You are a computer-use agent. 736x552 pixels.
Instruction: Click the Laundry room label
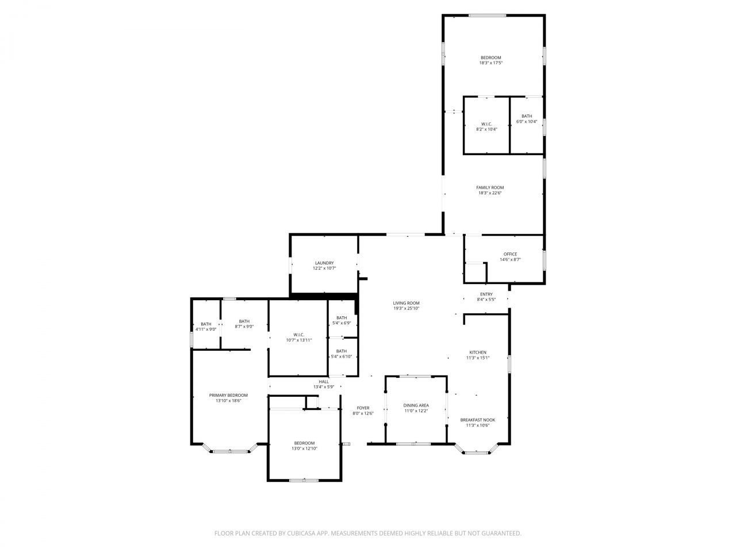tap(324, 263)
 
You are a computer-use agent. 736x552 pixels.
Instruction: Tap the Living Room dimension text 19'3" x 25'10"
tap(407, 309)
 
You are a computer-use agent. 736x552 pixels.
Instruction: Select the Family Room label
tap(490, 187)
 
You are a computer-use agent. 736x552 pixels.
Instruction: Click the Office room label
tap(510, 254)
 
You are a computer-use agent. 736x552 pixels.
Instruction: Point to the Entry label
tap(486, 294)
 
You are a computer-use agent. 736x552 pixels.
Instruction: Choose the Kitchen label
tap(477, 352)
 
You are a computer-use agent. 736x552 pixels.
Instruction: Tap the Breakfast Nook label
tap(477, 420)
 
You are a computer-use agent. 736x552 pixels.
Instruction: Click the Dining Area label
tap(416, 405)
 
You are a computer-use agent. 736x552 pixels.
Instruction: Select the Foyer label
tap(363, 408)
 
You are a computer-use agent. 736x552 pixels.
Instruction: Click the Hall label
tap(324, 382)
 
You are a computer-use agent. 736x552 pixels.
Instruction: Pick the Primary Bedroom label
tap(228, 395)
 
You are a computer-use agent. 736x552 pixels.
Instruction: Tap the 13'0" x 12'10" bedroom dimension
tap(304, 448)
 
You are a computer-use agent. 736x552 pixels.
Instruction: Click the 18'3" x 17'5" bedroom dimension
tap(490, 63)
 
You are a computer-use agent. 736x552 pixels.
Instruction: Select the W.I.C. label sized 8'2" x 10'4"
tap(486, 124)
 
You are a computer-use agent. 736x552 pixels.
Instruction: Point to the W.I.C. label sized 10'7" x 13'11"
tap(298, 335)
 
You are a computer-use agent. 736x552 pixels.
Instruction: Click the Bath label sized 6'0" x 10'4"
tap(527, 116)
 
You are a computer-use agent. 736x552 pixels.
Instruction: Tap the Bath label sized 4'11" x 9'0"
tap(206, 324)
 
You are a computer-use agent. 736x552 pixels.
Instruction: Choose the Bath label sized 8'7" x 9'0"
tap(244, 321)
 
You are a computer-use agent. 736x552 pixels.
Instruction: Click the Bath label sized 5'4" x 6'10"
tap(342, 351)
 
